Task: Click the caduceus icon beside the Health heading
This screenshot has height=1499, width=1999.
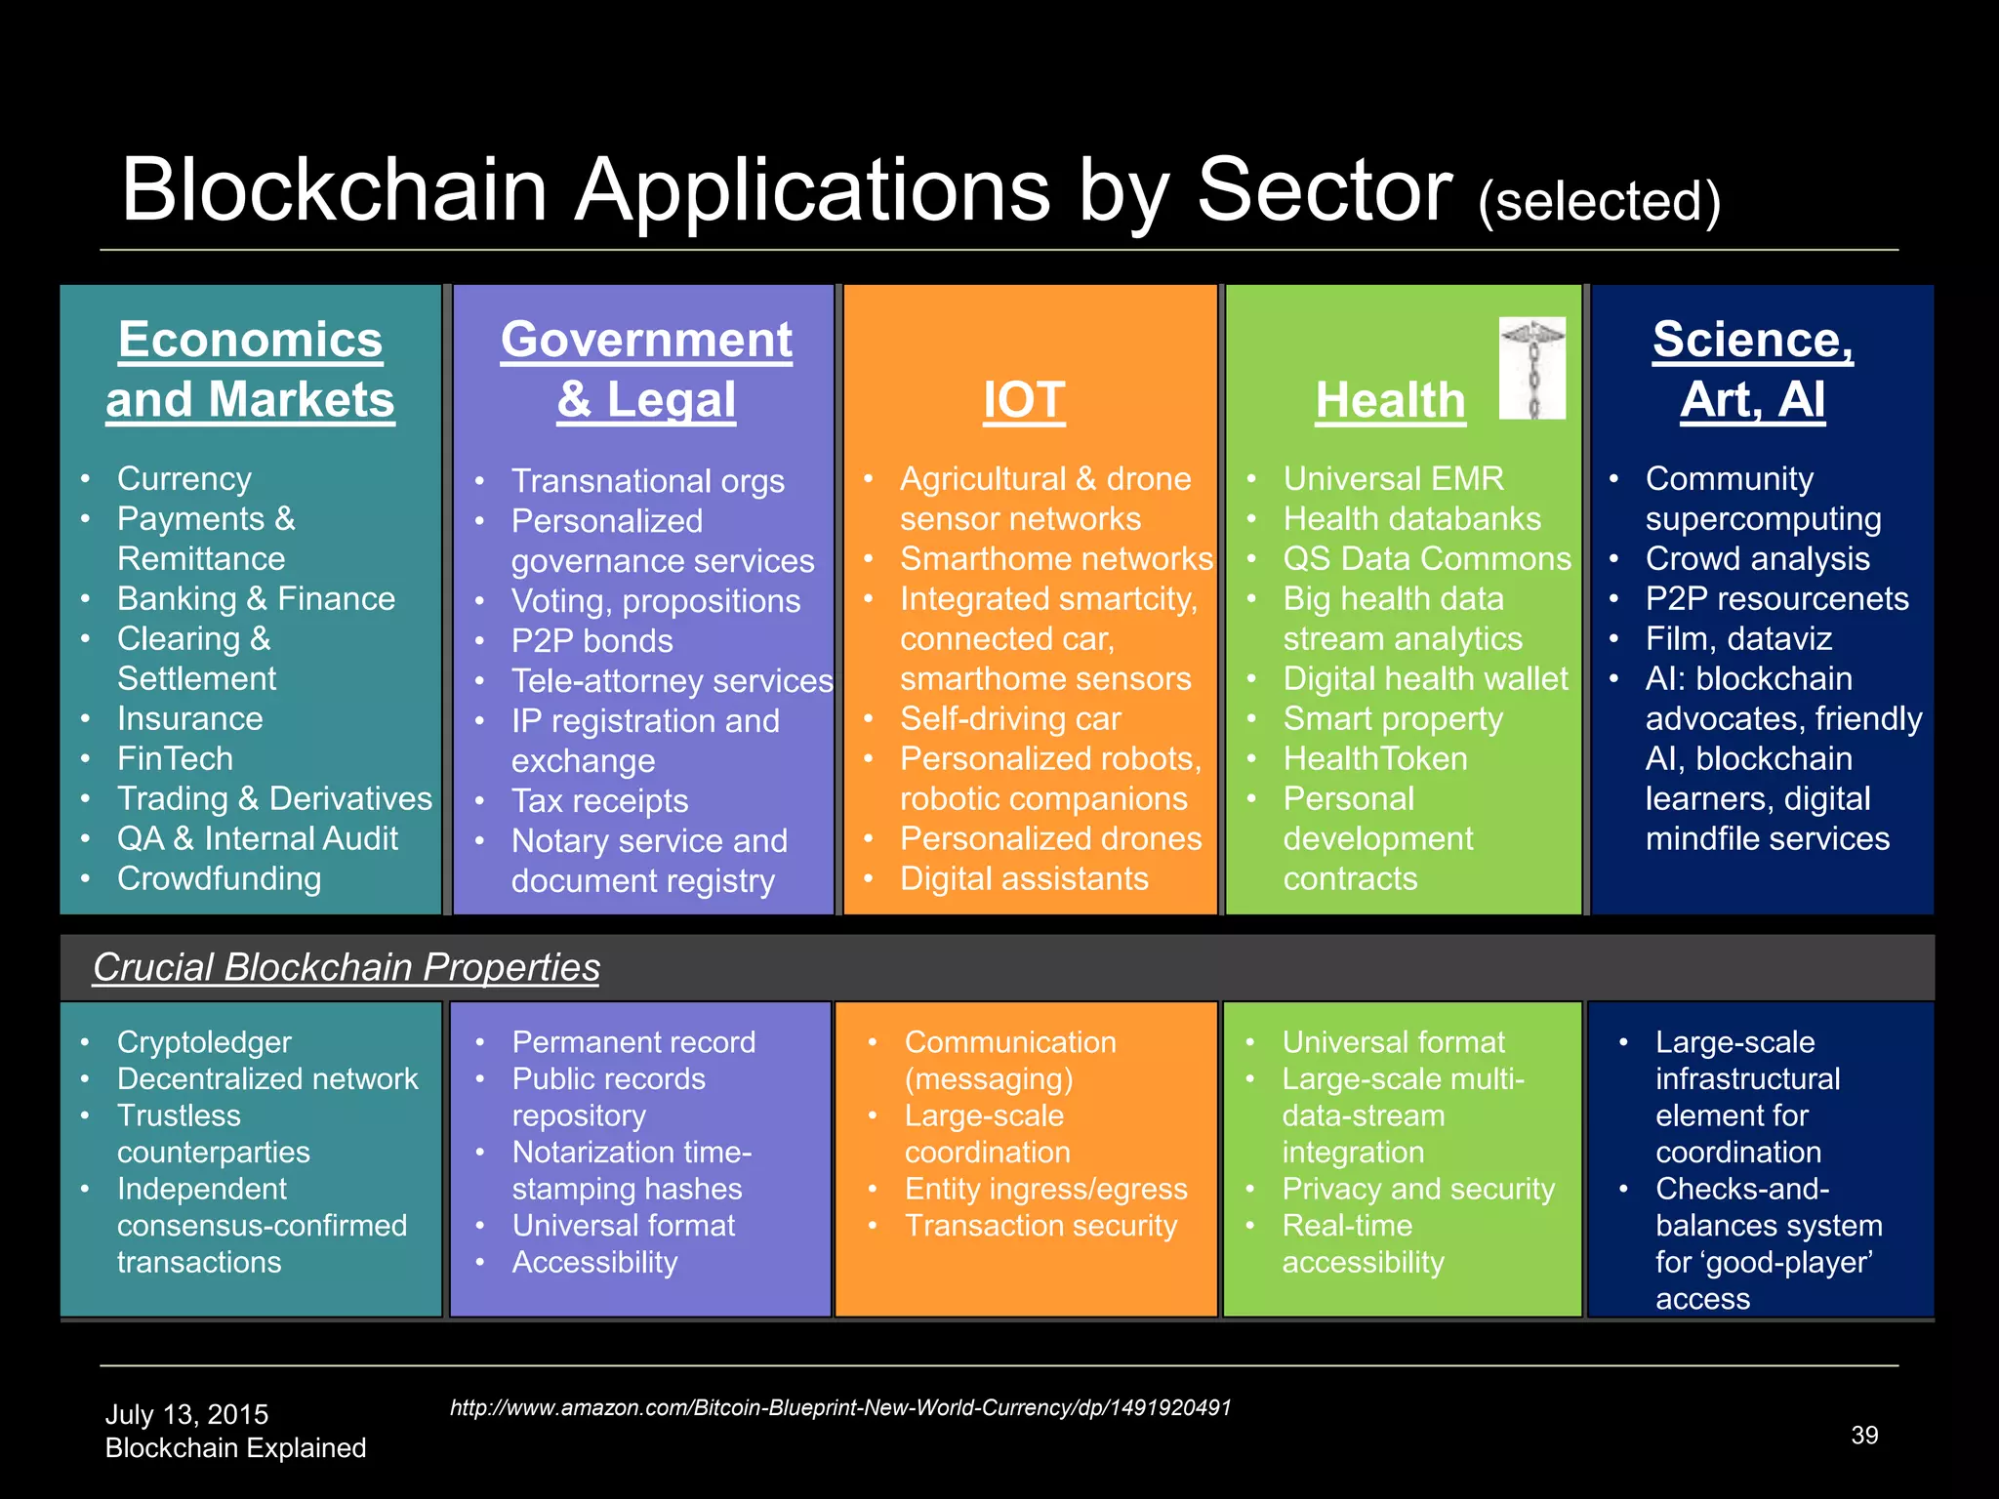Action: pos(1531,368)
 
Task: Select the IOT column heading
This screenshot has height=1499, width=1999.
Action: pos(1024,400)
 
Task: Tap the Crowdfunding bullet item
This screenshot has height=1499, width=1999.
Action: pos(219,878)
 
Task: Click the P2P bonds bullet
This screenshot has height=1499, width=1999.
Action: pos(592,641)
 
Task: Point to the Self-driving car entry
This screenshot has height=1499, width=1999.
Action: pos(1010,719)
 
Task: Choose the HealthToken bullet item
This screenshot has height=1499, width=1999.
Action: pos(1374,759)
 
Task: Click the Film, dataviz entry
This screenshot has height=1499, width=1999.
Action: pos(1738,639)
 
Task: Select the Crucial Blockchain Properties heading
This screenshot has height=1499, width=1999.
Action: pos(346,967)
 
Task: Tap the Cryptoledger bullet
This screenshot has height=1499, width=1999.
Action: pos(204,1042)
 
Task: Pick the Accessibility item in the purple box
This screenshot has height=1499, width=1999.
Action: pos(594,1263)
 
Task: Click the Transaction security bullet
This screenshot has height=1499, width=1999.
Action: pos(1040,1226)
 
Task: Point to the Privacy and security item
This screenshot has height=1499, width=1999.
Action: pos(1418,1190)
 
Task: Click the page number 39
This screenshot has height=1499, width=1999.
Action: pos(1864,1436)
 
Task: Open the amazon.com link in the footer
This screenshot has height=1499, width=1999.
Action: pos(840,1408)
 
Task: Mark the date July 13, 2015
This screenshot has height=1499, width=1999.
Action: pos(186,1415)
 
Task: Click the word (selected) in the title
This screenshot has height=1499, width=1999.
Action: pos(1599,201)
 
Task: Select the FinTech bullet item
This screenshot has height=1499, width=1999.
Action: pos(175,759)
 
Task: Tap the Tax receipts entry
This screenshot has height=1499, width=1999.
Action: pos(599,801)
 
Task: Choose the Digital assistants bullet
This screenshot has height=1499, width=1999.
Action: pos(1024,879)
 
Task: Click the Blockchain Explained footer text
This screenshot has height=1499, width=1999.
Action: pos(235,1448)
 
